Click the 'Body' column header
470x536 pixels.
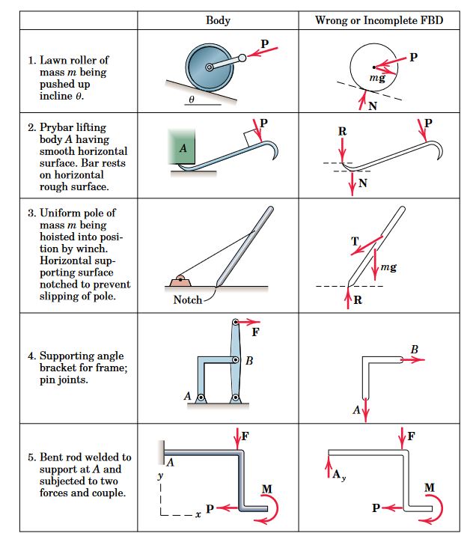point(218,19)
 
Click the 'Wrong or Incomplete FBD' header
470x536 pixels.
point(379,19)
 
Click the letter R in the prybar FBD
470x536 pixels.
point(343,131)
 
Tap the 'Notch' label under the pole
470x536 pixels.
point(187,299)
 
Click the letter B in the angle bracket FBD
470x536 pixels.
point(415,348)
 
